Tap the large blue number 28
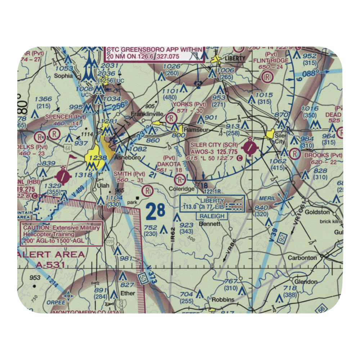(x=156, y=212)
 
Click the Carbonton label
(x=302, y=258)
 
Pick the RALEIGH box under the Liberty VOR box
(x=212, y=216)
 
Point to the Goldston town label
(x=317, y=212)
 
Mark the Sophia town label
(x=63, y=76)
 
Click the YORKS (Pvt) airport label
(x=189, y=104)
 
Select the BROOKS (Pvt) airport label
(x=322, y=155)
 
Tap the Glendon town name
(x=306, y=282)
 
